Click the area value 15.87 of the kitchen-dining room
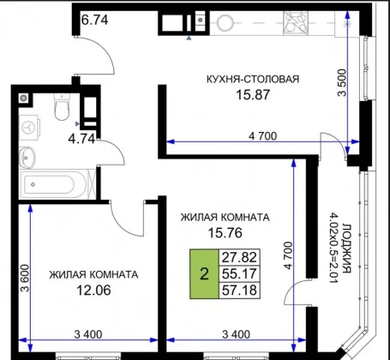253,94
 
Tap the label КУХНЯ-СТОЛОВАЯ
253,79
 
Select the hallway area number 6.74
95,20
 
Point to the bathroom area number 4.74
81,139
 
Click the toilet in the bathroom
62,107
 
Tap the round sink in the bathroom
27,158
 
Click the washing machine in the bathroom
29,128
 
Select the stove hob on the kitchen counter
296,23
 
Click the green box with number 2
204,273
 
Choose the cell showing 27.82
239,257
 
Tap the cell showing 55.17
239,273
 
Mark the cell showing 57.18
239,291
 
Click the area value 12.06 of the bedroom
93,291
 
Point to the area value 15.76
225,233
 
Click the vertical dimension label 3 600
25,278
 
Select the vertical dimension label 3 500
342,83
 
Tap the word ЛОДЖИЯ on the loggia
347,248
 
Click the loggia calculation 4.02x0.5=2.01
333,248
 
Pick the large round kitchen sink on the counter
226,23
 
